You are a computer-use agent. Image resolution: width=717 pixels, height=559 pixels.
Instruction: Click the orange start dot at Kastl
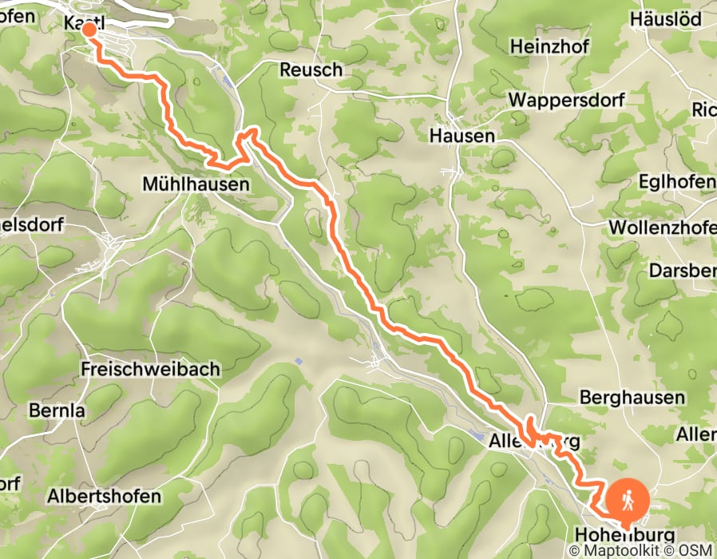89,30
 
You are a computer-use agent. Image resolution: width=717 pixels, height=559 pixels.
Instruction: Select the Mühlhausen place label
196,184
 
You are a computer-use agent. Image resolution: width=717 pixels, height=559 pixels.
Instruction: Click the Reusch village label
311,70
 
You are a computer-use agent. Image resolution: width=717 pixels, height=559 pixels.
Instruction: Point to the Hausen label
461,136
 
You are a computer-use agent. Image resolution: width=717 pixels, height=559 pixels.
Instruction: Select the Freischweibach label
140,370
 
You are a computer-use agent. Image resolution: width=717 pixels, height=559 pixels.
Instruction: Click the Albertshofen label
104,495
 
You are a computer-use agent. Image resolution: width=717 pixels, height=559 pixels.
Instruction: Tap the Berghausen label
632,397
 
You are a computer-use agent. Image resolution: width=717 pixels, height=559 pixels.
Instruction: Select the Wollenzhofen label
663,228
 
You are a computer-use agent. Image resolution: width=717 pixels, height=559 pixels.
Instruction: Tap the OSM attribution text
696,551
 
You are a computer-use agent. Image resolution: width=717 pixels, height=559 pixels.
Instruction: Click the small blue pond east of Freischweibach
298,362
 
